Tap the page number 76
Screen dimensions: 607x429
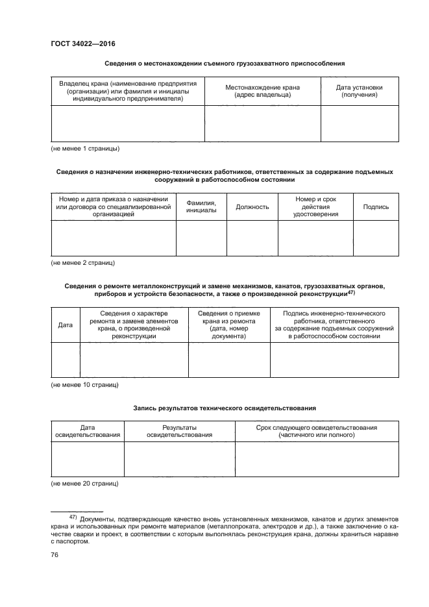coord(55,555)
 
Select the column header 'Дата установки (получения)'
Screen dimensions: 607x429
coord(359,91)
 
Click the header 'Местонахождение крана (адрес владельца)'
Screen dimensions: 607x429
coord(262,91)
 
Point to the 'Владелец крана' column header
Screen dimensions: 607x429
coord(128,91)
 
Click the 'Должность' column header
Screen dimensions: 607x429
coord(252,207)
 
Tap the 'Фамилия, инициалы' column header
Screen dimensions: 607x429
coord(201,207)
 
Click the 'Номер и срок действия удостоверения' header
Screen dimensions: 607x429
coord(315,207)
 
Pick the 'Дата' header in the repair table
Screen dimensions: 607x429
coord(65,324)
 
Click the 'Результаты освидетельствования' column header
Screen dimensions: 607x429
coord(180,432)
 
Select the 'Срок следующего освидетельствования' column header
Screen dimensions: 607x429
coord(317,432)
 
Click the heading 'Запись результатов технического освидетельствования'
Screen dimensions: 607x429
coord(225,408)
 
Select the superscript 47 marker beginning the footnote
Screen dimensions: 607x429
coord(73,517)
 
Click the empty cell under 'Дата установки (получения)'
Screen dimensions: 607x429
coord(359,123)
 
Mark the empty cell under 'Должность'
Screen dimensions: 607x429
coord(252,238)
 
